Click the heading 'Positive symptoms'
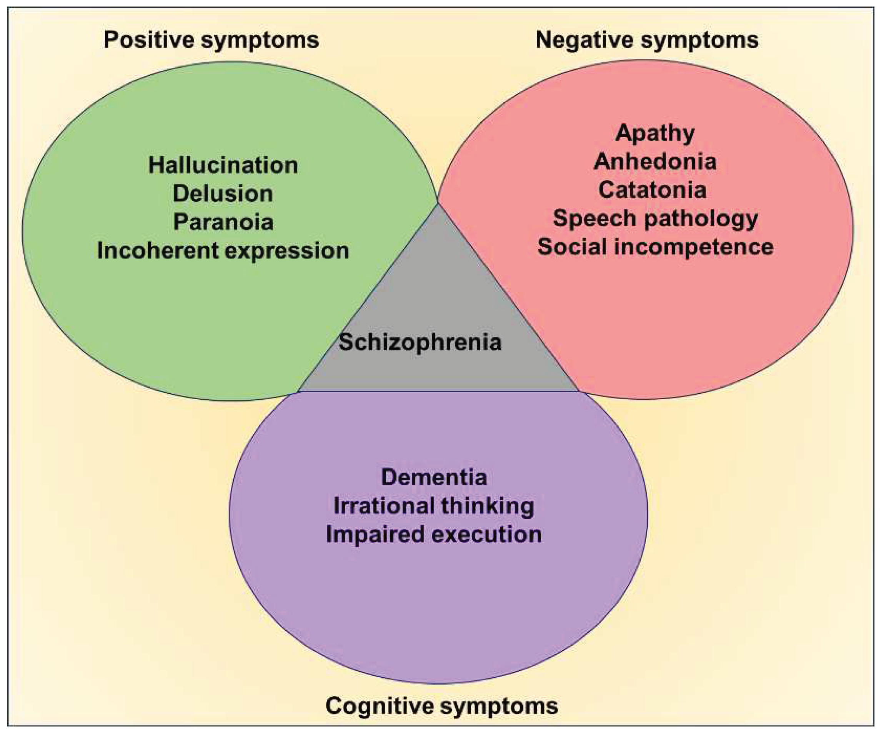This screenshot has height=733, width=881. pyautogui.click(x=211, y=40)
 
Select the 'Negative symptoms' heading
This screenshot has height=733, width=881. pyautogui.click(x=647, y=40)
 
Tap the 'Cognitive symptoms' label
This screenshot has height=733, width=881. pyautogui.click(x=441, y=705)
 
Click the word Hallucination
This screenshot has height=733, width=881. pyautogui.click(x=223, y=165)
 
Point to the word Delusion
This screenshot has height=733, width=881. pyautogui.click(x=223, y=193)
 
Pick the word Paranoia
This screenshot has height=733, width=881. pyautogui.click(x=223, y=222)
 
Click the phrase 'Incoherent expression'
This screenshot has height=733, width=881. pyautogui.click(x=223, y=250)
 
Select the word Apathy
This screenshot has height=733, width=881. pyautogui.click(x=655, y=133)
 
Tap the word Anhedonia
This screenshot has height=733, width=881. pyautogui.click(x=655, y=162)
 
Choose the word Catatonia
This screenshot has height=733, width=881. pyautogui.click(x=652, y=190)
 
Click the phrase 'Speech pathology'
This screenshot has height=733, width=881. pyautogui.click(x=655, y=218)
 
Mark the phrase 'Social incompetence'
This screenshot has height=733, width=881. pyautogui.click(x=655, y=247)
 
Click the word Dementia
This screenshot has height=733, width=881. pyautogui.click(x=434, y=477)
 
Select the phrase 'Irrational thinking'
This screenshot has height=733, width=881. pyautogui.click(x=434, y=506)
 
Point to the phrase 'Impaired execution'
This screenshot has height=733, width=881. pyautogui.click(x=434, y=534)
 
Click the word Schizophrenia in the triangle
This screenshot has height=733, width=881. pyautogui.click(x=420, y=342)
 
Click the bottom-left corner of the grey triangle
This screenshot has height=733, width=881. pyautogui.click(x=298, y=391)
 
